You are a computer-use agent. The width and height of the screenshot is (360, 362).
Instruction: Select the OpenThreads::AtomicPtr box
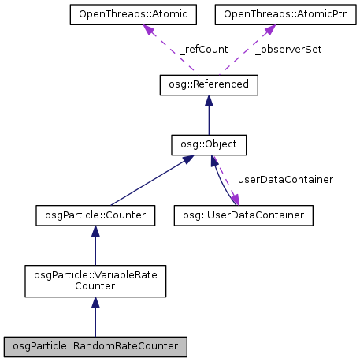tap(269, 14)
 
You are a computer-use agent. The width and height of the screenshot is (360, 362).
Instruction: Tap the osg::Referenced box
tap(209, 84)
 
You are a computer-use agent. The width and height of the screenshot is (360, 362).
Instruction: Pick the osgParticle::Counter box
tap(95, 214)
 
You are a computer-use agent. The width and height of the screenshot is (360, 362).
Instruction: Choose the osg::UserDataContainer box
tap(244, 214)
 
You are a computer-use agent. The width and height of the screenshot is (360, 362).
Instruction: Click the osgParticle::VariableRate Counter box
tap(95, 281)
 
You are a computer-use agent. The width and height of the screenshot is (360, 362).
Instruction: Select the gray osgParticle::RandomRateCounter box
tap(95, 345)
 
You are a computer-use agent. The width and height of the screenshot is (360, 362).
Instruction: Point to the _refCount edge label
tap(203, 49)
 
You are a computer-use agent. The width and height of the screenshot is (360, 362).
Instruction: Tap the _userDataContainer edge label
tap(282, 179)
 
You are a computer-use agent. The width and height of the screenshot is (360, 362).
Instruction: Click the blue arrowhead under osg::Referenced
tap(209, 100)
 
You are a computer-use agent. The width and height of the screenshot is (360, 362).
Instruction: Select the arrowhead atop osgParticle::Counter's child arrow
tap(95, 230)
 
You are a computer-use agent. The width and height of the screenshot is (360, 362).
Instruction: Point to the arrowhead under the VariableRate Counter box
tap(95, 304)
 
